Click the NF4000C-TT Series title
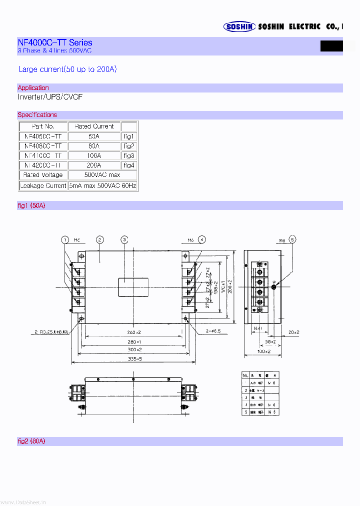click(x=54, y=43)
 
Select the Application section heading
click(x=33, y=88)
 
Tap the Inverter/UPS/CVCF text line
click(x=50, y=97)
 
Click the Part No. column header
click(x=43, y=126)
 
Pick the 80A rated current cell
click(x=94, y=146)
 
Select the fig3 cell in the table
click(x=129, y=155)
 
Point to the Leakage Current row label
click(x=43, y=185)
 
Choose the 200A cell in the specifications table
click(x=94, y=165)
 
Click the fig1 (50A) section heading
click(x=31, y=205)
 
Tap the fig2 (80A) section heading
click(x=31, y=441)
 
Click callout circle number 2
click(x=100, y=240)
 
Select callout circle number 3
click(x=124, y=240)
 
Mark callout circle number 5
click(x=292, y=239)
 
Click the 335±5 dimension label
click(x=132, y=359)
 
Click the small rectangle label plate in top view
click(x=132, y=287)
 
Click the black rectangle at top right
click(x=331, y=45)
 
